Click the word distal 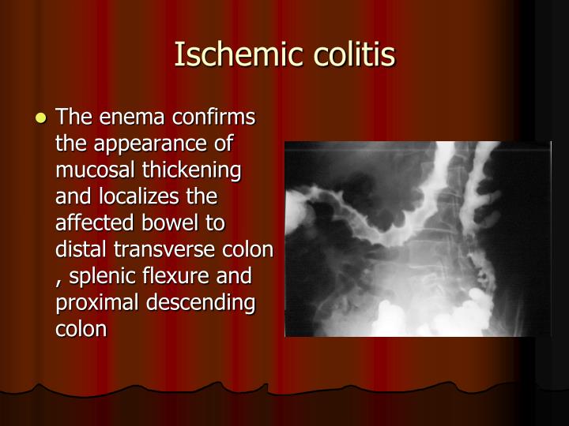[80, 250]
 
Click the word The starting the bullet [74, 118]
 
